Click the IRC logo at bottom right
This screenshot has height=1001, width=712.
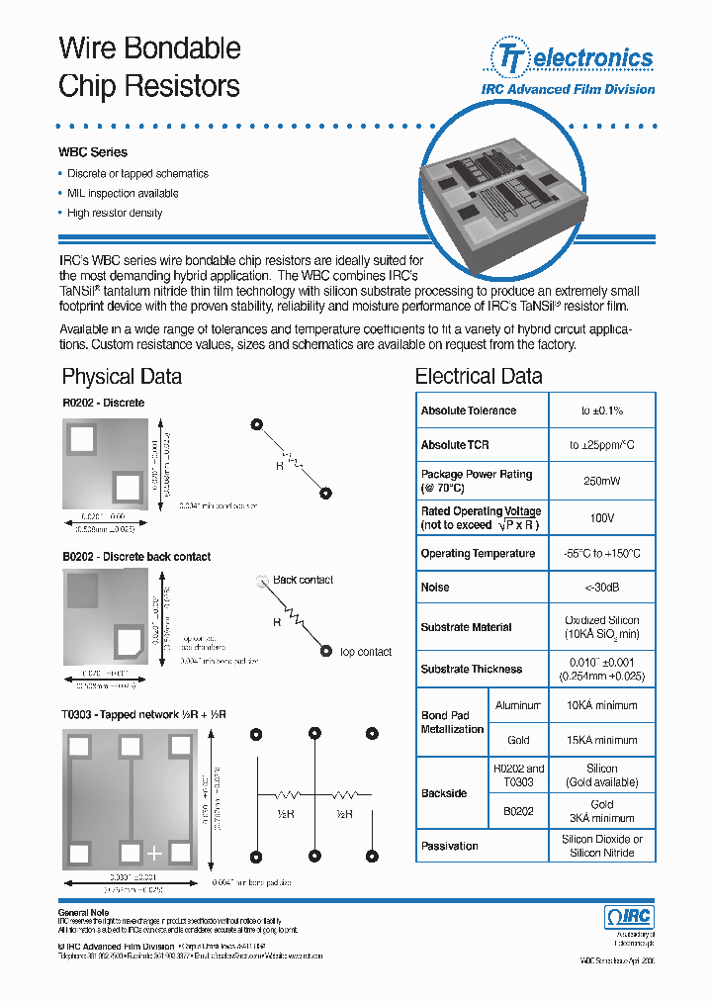coord(628,917)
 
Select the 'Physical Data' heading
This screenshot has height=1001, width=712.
coord(122,376)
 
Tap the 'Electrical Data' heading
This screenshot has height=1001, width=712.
coord(479,376)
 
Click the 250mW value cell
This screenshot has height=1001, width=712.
coord(601,481)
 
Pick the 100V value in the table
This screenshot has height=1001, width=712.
coord(601,517)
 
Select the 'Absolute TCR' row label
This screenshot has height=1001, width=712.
coord(455,445)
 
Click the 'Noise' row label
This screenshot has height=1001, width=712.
coord(435,588)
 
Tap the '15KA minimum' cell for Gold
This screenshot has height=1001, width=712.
coord(601,740)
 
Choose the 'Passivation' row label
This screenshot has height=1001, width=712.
coord(449,847)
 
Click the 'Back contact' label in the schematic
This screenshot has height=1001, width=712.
coord(303,580)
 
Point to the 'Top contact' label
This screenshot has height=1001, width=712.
coord(365,652)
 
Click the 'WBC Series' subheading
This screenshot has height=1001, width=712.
coord(93,152)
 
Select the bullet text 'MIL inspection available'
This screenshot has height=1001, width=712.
coord(123,193)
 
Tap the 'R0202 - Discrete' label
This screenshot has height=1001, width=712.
coord(103,403)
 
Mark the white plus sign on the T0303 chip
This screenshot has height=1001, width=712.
coord(154,852)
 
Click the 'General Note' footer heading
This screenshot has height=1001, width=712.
coord(83,912)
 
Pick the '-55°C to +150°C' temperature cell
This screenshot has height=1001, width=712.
coord(601,554)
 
